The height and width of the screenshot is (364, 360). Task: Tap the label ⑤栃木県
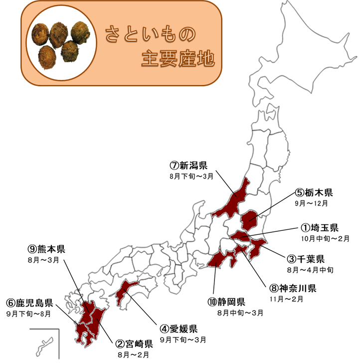(x=314, y=192)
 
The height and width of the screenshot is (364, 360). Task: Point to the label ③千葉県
(x=306, y=259)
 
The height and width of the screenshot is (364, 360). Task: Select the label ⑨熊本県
(x=47, y=249)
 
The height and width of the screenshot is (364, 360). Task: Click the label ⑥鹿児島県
(x=29, y=303)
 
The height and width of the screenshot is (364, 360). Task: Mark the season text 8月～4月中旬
(x=310, y=270)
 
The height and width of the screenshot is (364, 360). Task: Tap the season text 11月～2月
(x=286, y=299)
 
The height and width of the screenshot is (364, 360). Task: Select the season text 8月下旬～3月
(x=191, y=177)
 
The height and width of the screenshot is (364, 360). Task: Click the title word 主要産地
(x=178, y=59)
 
